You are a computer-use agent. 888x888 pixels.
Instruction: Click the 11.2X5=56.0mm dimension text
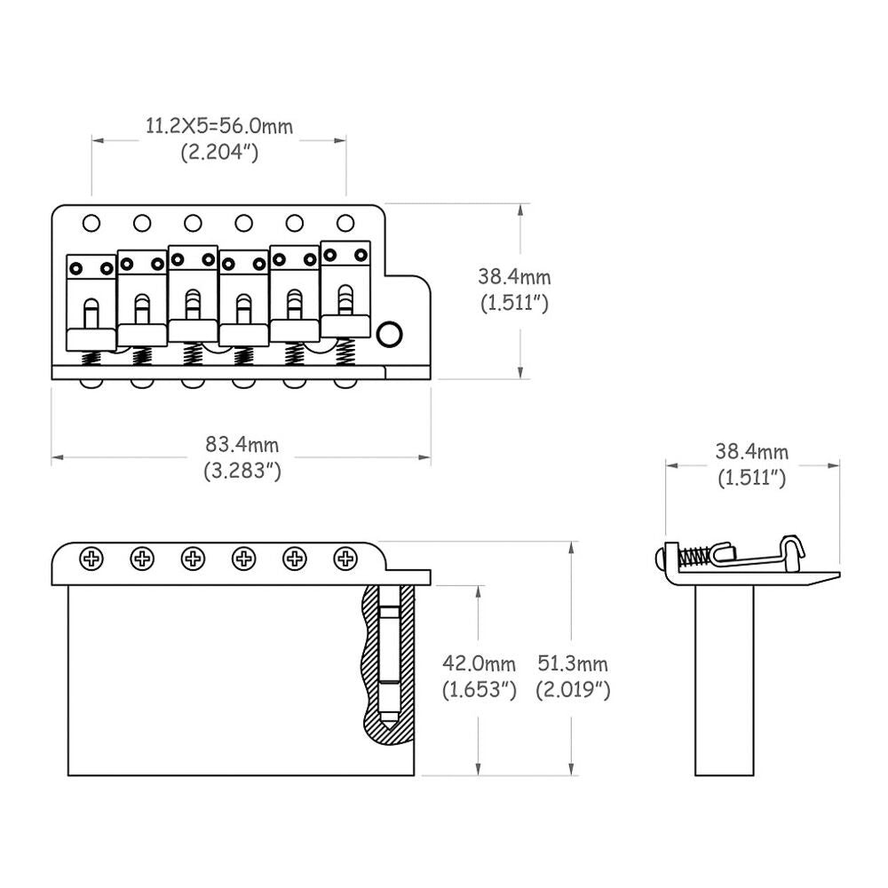pyautogui.click(x=219, y=126)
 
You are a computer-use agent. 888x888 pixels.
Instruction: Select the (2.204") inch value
pyautogui.click(x=219, y=152)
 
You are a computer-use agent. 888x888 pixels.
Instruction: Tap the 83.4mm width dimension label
pyautogui.click(x=242, y=444)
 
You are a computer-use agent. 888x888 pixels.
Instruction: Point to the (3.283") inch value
pyautogui.click(x=242, y=471)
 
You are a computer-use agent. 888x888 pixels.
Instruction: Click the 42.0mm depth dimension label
pyautogui.click(x=480, y=663)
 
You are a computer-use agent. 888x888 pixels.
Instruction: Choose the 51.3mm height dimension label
pyautogui.click(x=573, y=663)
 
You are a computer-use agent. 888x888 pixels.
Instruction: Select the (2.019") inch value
pyautogui.click(x=573, y=689)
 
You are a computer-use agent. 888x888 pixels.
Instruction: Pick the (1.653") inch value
pyautogui.click(x=480, y=689)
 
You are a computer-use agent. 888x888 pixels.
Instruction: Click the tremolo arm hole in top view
pyautogui.click(x=390, y=334)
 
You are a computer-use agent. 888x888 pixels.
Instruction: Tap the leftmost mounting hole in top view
pyautogui.click(x=91, y=222)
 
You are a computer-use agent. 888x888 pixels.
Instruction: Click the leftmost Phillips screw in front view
pyautogui.click(x=91, y=559)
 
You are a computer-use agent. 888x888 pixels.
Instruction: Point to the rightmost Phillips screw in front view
pyautogui.click(x=345, y=559)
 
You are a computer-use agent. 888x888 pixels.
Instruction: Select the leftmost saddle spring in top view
pyautogui.click(x=91, y=358)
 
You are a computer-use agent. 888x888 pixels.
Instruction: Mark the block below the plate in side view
pyautogui.click(x=725, y=679)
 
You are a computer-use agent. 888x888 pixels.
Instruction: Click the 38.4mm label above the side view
pyautogui.click(x=752, y=452)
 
